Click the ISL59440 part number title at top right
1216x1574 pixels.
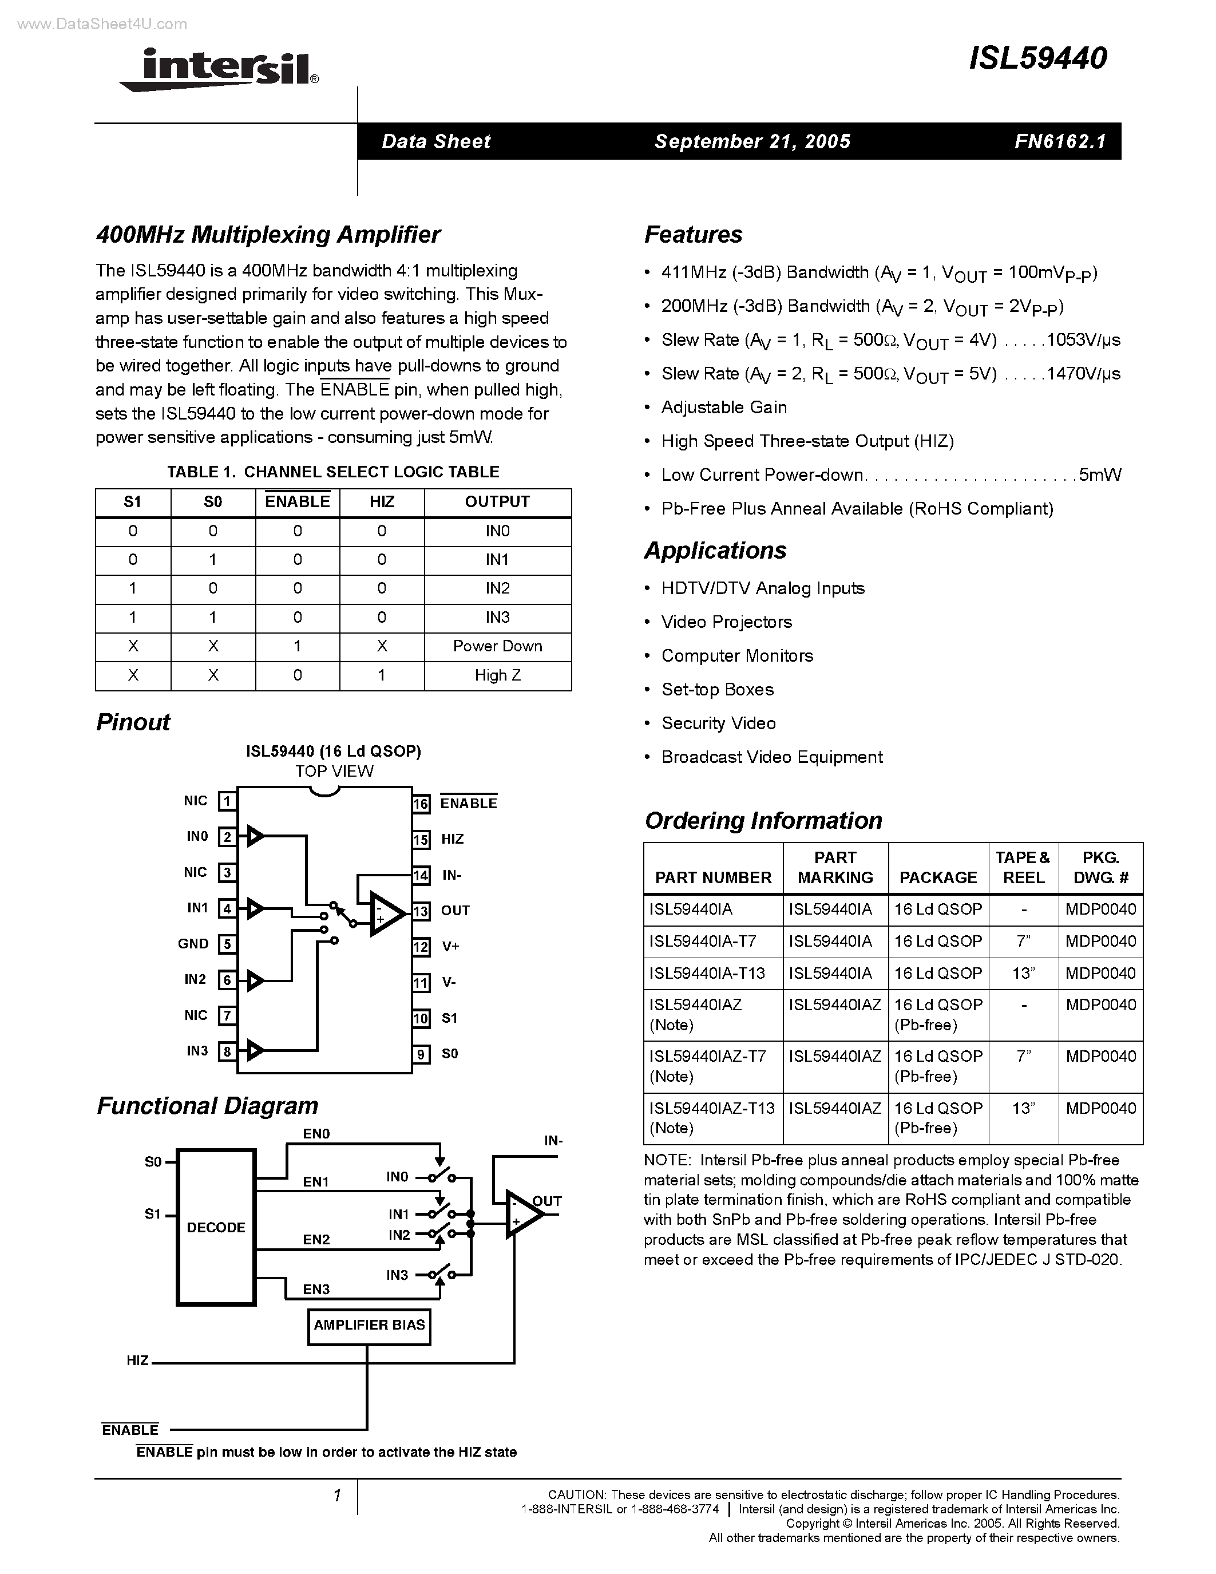tap(1037, 58)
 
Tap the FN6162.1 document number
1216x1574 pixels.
tap(1060, 141)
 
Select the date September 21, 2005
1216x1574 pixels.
tap(752, 141)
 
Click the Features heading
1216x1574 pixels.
tap(693, 235)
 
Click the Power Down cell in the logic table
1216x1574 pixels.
tap(497, 646)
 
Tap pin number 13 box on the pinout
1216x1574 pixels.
tap(421, 911)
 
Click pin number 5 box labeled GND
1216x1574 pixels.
tap(227, 944)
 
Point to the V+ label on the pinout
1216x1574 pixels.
tap(451, 946)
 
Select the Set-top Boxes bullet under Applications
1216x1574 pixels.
tap(718, 690)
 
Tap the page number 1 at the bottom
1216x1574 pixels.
tap(336, 1496)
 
